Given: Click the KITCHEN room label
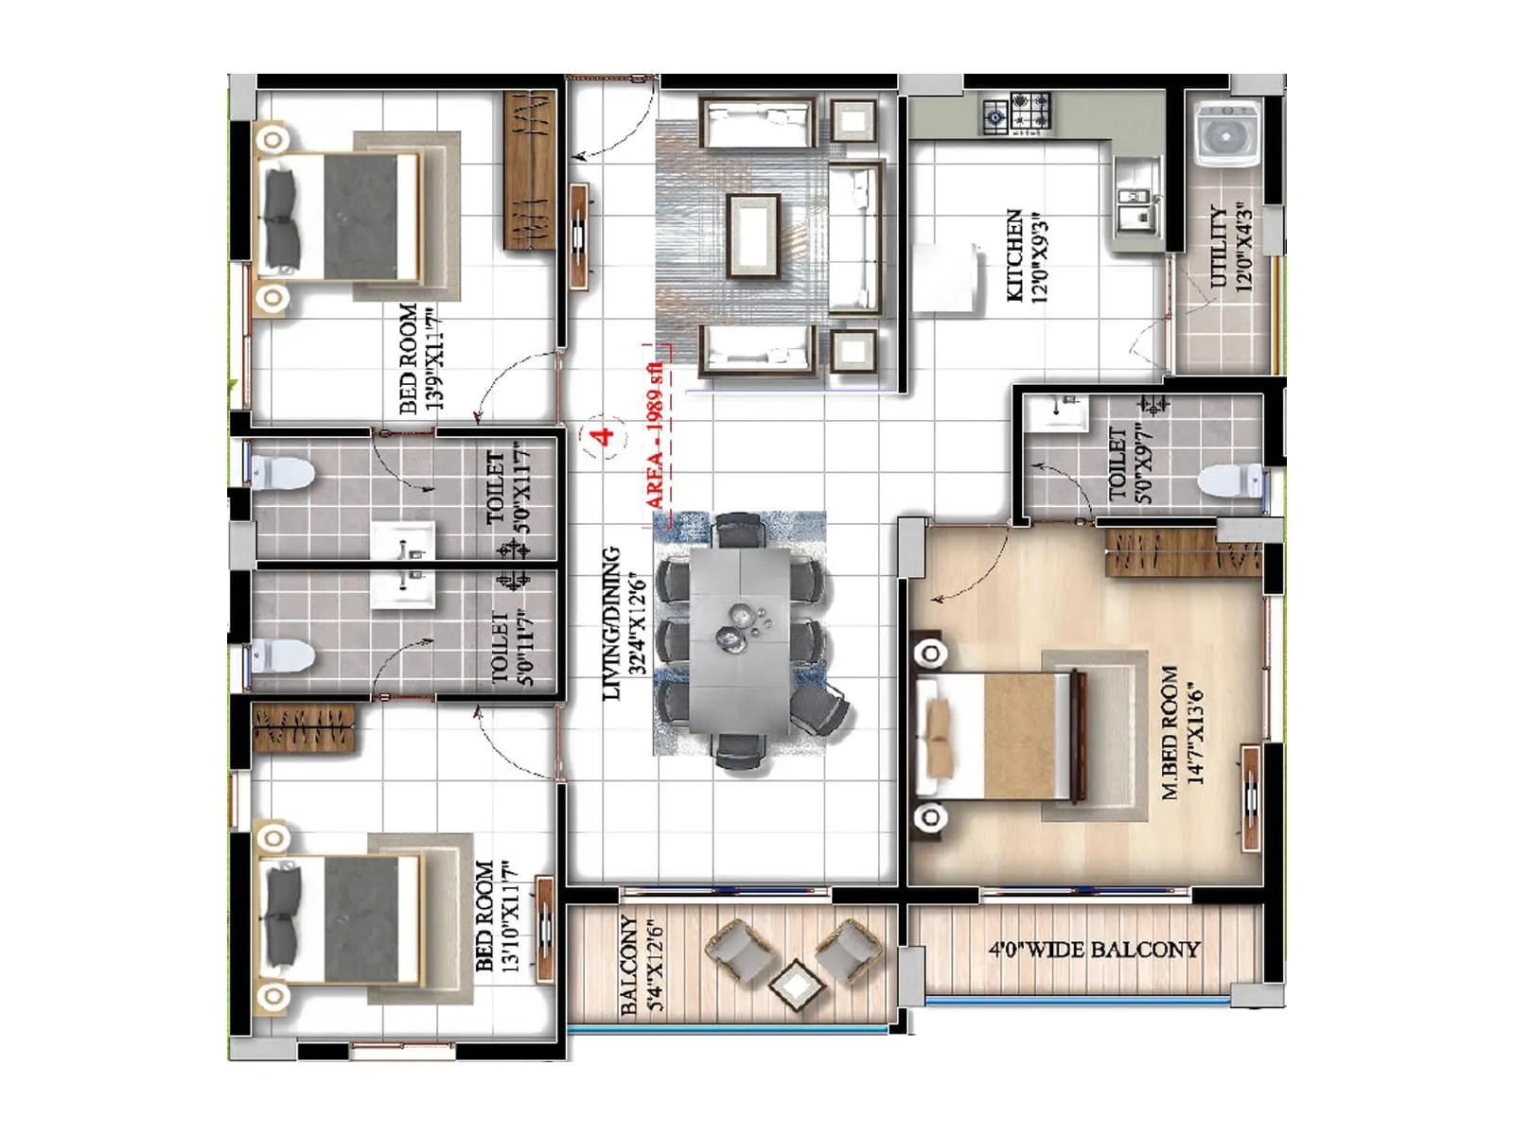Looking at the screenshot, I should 1027,255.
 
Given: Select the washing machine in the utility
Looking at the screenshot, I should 1227,135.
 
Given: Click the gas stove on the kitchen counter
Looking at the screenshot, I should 1017,113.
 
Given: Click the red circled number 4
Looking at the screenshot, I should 603,436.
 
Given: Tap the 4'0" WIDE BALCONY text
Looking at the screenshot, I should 1094,949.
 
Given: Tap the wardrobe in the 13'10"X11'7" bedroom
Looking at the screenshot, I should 305,729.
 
